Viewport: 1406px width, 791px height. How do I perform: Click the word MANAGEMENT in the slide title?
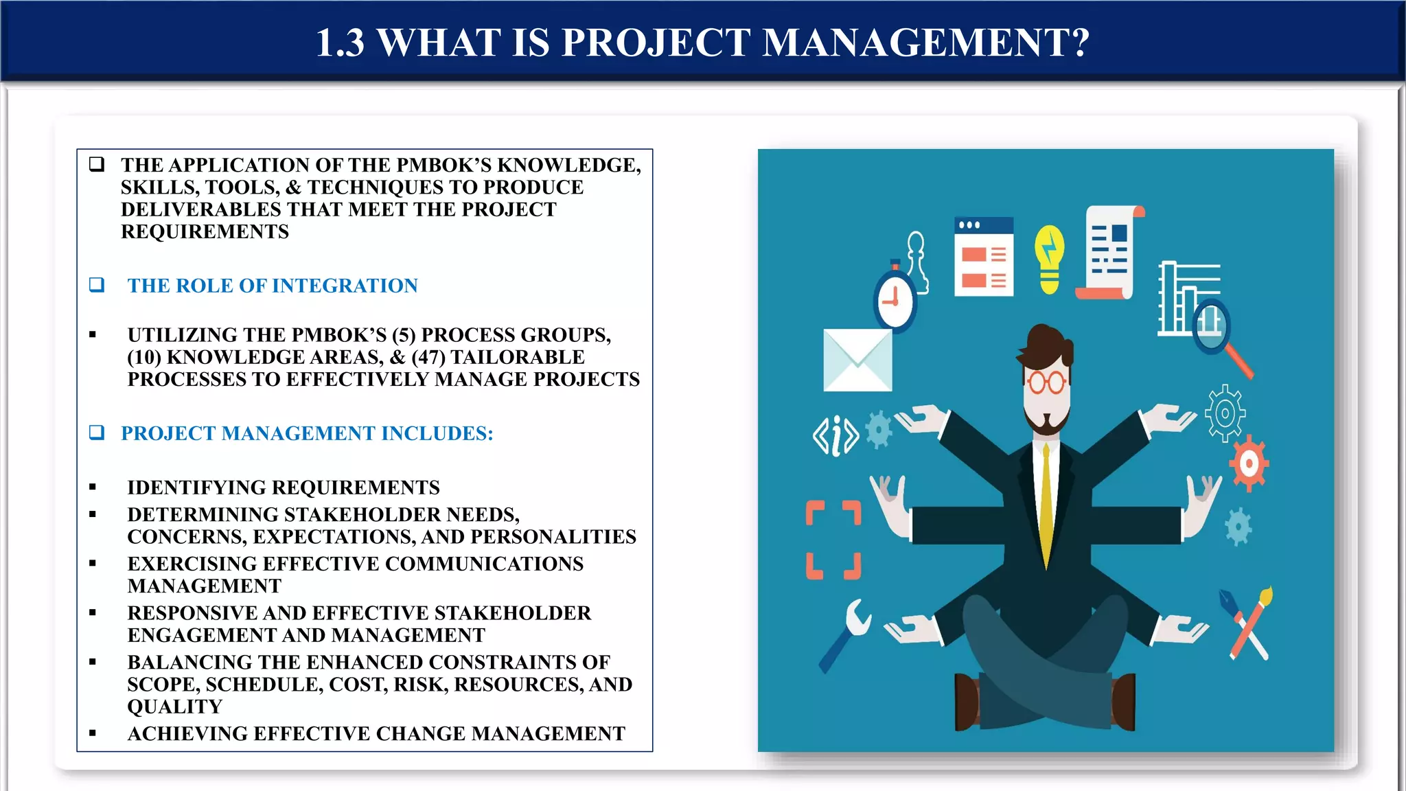pyautogui.click(x=925, y=43)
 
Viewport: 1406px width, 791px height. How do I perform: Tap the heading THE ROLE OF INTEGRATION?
pyautogui.click(x=273, y=286)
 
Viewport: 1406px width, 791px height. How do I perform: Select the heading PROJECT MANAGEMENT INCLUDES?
pyautogui.click(x=307, y=433)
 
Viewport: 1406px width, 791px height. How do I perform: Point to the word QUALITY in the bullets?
pyautogui.click(x=175, y=707)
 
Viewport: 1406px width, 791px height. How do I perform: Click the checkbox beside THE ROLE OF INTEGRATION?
pyautogui.click(x=97, y=285)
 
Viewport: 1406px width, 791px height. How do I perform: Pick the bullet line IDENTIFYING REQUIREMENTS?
pyautogui.click(x=283, y=488)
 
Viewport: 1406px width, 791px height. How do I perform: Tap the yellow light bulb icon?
pyautogui.click(x=1049, y=259)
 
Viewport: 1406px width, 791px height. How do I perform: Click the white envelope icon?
pyautogui.click(x=857, y=360)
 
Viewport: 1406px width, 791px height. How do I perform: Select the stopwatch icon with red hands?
pyautogui.click(x=894, y=300)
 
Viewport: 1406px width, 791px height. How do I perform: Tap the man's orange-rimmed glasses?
pyautogui.click(x=1046, y=381)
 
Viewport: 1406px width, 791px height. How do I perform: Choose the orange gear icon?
pyautogui.click(x=1249, y=464)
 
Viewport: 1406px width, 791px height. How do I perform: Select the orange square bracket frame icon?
pyautogui.click(x=833, y=540)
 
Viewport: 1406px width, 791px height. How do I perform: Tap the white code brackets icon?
pyautogui.click(x=835, y=436)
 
